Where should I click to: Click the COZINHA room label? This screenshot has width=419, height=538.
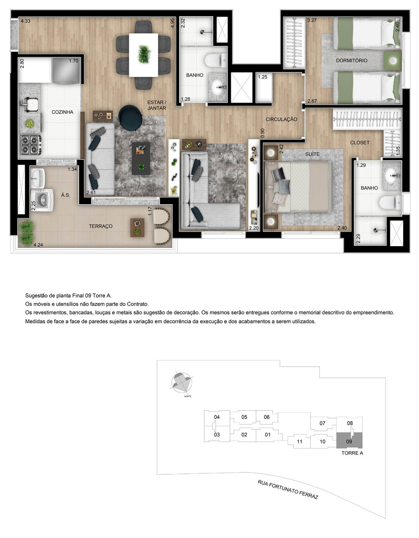(x=62, y=112)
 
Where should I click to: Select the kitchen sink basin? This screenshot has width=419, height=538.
(x=30, y=104)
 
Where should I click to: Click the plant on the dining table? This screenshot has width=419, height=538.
(x=144, y=54)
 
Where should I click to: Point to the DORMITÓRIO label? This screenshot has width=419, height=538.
(x=351, y=61)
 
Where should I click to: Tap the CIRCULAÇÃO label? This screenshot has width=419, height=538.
(x=281, y=119)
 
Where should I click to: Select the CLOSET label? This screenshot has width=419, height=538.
(x=360, y=143)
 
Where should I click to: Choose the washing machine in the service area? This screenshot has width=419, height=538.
(x=42, y=200)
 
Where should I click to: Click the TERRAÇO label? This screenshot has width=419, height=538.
(x=101, y=226)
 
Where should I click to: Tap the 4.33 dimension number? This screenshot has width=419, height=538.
(x=25, y=21)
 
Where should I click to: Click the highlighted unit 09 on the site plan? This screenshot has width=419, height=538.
(x=349, y=440)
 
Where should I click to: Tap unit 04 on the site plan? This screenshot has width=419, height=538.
(x=217, y=417)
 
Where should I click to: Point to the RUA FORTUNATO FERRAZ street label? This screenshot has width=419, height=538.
(x=288, y=489)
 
